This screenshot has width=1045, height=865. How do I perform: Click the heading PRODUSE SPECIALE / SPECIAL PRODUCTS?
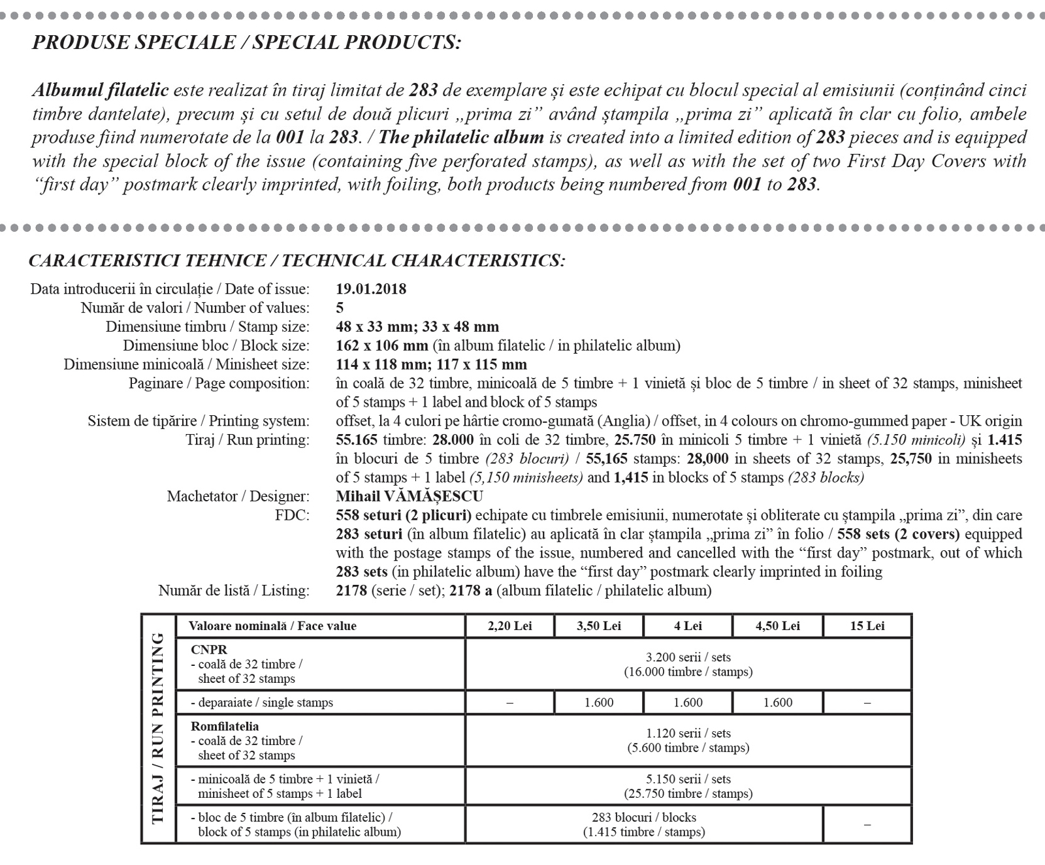coord(246,43)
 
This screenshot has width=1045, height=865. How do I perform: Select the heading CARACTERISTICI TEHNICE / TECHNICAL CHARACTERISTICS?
coord(297,261)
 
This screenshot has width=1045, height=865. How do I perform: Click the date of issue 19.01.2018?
coord(371,289)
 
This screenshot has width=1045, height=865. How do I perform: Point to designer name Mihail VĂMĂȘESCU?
coord(410,497)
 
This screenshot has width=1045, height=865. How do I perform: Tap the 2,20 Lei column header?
coord(509,626)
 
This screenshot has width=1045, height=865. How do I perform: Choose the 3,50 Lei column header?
coord(598,626)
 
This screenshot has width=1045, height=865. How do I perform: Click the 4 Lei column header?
coord(688,626)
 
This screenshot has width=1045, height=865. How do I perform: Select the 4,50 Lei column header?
coord(777,626)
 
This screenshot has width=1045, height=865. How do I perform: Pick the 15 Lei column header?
coord(867,626)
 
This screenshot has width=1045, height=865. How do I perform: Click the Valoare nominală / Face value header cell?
coord(272,626)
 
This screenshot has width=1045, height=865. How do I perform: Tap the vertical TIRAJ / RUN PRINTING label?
coord(157,729)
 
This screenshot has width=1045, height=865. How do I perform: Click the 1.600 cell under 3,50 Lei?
coord(598,703)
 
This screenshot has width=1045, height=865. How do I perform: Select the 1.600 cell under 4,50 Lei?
coord(777,703)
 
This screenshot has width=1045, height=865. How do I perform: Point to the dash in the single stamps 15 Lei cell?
coord(867,703)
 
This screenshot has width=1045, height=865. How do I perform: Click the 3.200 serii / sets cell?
coord(688,665)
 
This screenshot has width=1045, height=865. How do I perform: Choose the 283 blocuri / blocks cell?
coord(643,825)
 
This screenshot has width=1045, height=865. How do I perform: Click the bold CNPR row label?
coord(209,650)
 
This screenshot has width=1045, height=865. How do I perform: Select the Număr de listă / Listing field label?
coord(234,591)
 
